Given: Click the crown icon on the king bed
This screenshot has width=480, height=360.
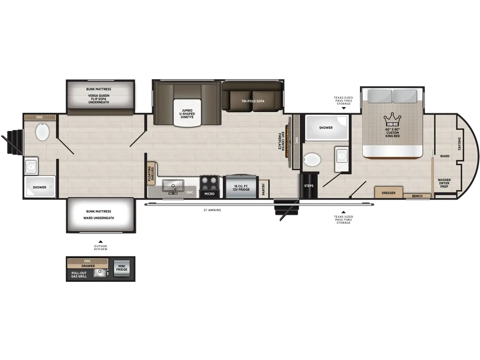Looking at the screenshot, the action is pyautogui.click(x=393, y=119).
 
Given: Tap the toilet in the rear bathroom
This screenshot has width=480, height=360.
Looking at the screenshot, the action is pyautogui.click(x=43, y=132).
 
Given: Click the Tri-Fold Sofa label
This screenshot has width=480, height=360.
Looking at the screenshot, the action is pyautogui.click(x=252, y=101).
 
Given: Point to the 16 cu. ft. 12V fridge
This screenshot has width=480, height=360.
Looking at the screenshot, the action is pyautogui.click(x=241, y=186).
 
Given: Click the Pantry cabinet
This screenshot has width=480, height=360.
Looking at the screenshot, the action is pyautogui.click(x=264, y=189).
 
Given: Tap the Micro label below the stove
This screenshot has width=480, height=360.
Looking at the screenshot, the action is pyautogui.click(x=209, y=194).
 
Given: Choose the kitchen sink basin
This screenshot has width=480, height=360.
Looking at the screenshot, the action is pyautogui.click(x=173, y=185).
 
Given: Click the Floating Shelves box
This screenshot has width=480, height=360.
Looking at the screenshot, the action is pyautogui.click(x=151, y=173).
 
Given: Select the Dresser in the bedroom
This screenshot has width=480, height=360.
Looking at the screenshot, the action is pyautogui.click(x=388, y=192).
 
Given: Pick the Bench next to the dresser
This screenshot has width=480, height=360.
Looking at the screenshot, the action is pyautogui.click(x=417, y=196).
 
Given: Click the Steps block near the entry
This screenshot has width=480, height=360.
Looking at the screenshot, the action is pyautogui.click(x=309, y=186).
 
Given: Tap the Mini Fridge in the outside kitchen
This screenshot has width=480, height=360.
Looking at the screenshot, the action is pyautogui.click(x=121, y=268).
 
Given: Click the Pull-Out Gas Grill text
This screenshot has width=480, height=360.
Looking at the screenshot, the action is pyautogui.click(x=79, y=275).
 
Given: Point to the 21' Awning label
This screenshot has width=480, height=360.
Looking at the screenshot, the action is pyautogui.click(x=212, y=210).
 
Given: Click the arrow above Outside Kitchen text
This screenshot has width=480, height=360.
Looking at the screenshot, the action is pyautogui.click(x=100, y=242).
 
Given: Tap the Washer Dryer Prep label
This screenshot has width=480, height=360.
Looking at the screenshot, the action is pyautogui.click(x=444, y=183).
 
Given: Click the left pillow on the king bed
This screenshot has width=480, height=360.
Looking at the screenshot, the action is pyautogui.click(x=380, y=96).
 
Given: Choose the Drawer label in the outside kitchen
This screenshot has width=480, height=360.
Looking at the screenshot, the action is pyautogui.click(x=88, y=266).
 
